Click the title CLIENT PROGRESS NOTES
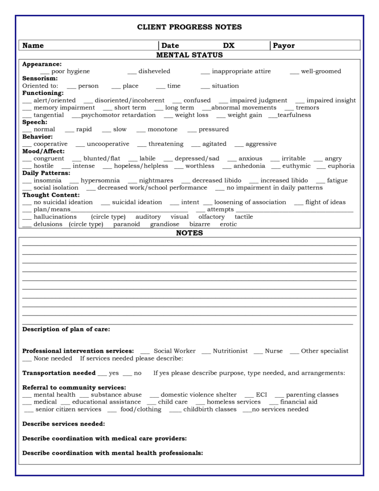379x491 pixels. pyautogui.click(x=189, y=27)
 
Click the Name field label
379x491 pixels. pyautogui.click(x=33, y=45)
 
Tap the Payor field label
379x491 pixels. pyautogui.click(x=284, y=45)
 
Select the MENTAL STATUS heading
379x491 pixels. pyautogui.click(x=189, y=55)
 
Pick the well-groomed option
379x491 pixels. pyautogui.click(x=321, y=71)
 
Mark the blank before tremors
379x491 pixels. pyautogui.click(x=289, y=108)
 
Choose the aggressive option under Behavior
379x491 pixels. pyautogui.click(x=261, y=144)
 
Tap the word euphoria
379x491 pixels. pyautogui.click(x=341, y=166)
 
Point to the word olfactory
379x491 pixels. pyautogui.click(x=211, y=216)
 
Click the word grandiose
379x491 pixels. pyautogui.click(x=165, y=224)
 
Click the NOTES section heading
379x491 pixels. pyautogui.click(x=189, y=233)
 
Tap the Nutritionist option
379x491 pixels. pyautogui.click(x=230, y=351)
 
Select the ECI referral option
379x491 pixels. pyautogui.click(x=261, y=395)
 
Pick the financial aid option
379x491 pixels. pyautogui.click(x=299, y=402)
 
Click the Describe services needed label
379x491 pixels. pyautogui.click(x=64, y=424)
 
